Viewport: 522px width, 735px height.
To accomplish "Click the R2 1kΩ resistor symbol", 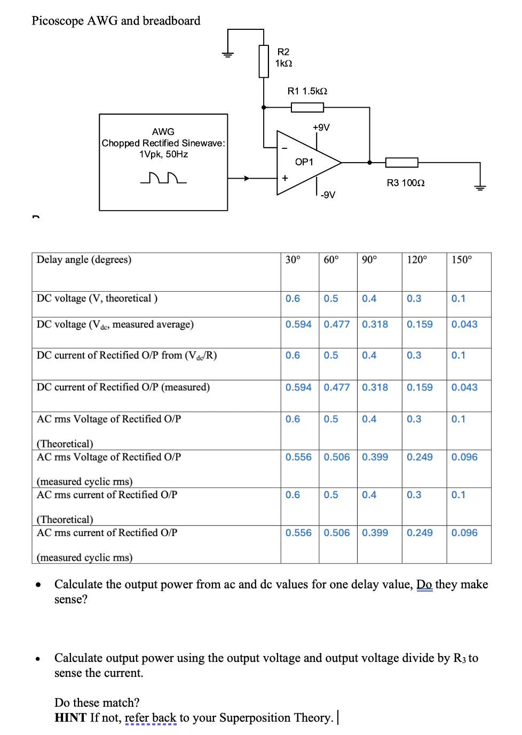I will point(264,61).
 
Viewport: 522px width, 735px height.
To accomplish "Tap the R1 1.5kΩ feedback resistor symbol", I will point(307,108).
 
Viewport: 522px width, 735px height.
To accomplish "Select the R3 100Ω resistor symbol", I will point(401,163).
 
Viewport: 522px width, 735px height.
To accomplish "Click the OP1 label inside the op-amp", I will point(304,162).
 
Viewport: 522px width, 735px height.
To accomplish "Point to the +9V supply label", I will point(321,127).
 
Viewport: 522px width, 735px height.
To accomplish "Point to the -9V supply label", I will point(328,195).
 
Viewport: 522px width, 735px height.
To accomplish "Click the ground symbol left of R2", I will point(228,54).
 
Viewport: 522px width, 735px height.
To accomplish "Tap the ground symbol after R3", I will point(480,187).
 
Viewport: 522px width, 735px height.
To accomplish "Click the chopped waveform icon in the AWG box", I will point(163,178).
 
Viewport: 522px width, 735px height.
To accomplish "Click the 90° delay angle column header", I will point(369,260).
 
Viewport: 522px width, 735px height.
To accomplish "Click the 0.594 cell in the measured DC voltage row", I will point(298,324).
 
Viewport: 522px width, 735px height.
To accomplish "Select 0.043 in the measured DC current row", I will point(464,387).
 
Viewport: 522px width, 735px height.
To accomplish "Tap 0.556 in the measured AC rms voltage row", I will point(298,457).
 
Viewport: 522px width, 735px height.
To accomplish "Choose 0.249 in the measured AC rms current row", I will point(420,533).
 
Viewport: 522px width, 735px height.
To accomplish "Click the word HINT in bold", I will point(70,718).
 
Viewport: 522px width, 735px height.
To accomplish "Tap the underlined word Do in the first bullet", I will point(424,585).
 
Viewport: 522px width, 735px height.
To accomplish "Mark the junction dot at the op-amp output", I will point(369,163).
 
